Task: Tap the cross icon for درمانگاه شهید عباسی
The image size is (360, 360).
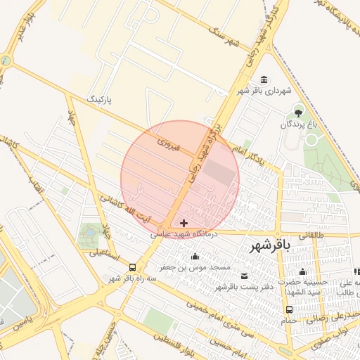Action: click(x=184, y=223)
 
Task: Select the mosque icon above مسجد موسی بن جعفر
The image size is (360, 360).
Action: click(x=195, y=257)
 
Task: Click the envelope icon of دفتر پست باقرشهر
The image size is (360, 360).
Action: click(x=245, y=276)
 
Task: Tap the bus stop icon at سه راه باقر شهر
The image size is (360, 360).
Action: click(x=134, y=267)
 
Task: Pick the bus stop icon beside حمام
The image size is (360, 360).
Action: click(x=289, y=309)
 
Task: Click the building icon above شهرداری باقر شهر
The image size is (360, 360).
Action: click(x=264, y=79)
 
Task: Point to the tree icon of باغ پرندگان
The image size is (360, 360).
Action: click(x=298, y=112)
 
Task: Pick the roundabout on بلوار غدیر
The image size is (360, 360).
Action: click(x=6, y=60)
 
